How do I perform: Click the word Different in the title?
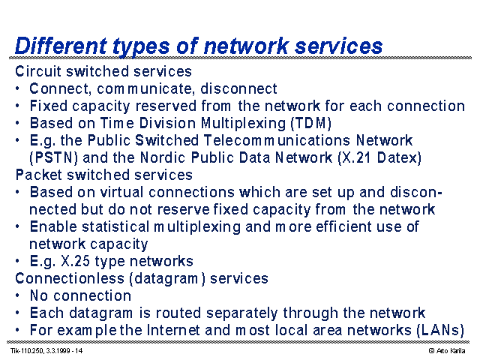61,46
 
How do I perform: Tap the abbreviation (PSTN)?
53,158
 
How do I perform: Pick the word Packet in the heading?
39,175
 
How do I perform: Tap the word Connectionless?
70,278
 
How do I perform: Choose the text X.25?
75,262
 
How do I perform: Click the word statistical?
115,226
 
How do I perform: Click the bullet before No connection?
18,295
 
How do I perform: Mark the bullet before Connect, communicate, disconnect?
18,88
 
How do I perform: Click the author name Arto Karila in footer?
451,351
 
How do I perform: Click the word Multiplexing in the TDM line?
243,123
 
